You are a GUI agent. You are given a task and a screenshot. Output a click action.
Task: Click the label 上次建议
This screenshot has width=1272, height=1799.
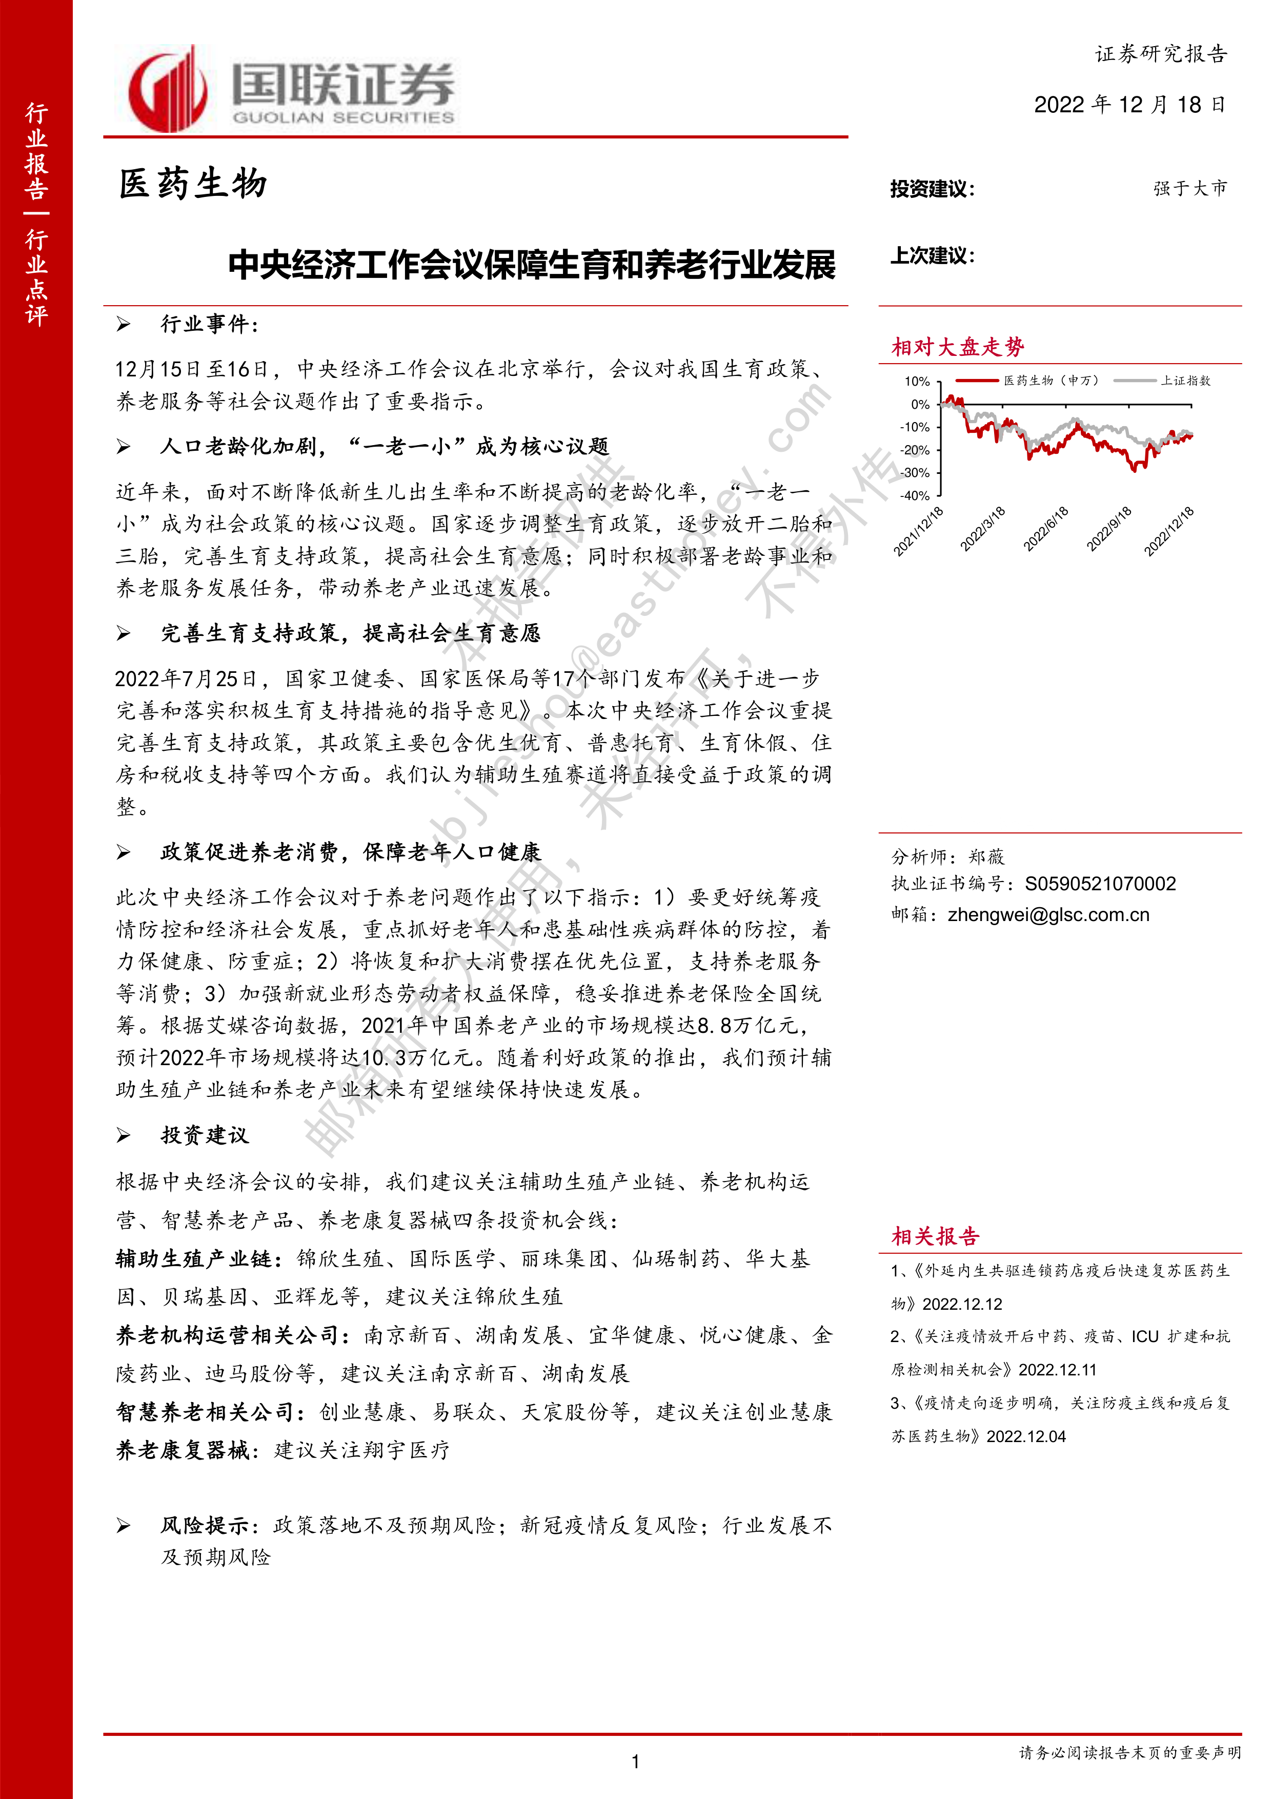pos(932,255)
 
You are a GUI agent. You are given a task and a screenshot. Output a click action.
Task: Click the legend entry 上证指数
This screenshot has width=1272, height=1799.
pos(1185,381)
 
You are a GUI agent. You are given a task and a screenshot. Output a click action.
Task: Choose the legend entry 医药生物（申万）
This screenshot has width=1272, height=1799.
pos(1051,381)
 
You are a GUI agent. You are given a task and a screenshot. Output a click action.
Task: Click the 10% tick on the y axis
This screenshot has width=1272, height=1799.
pos(917,382)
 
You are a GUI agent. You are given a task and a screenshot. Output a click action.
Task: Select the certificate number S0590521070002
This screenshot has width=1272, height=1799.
pos(1100,884)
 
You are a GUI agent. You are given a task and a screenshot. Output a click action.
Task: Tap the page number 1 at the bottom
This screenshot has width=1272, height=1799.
pos(635,1762)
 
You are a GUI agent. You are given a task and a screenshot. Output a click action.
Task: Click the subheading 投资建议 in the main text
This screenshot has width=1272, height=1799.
pos(205,1135)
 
